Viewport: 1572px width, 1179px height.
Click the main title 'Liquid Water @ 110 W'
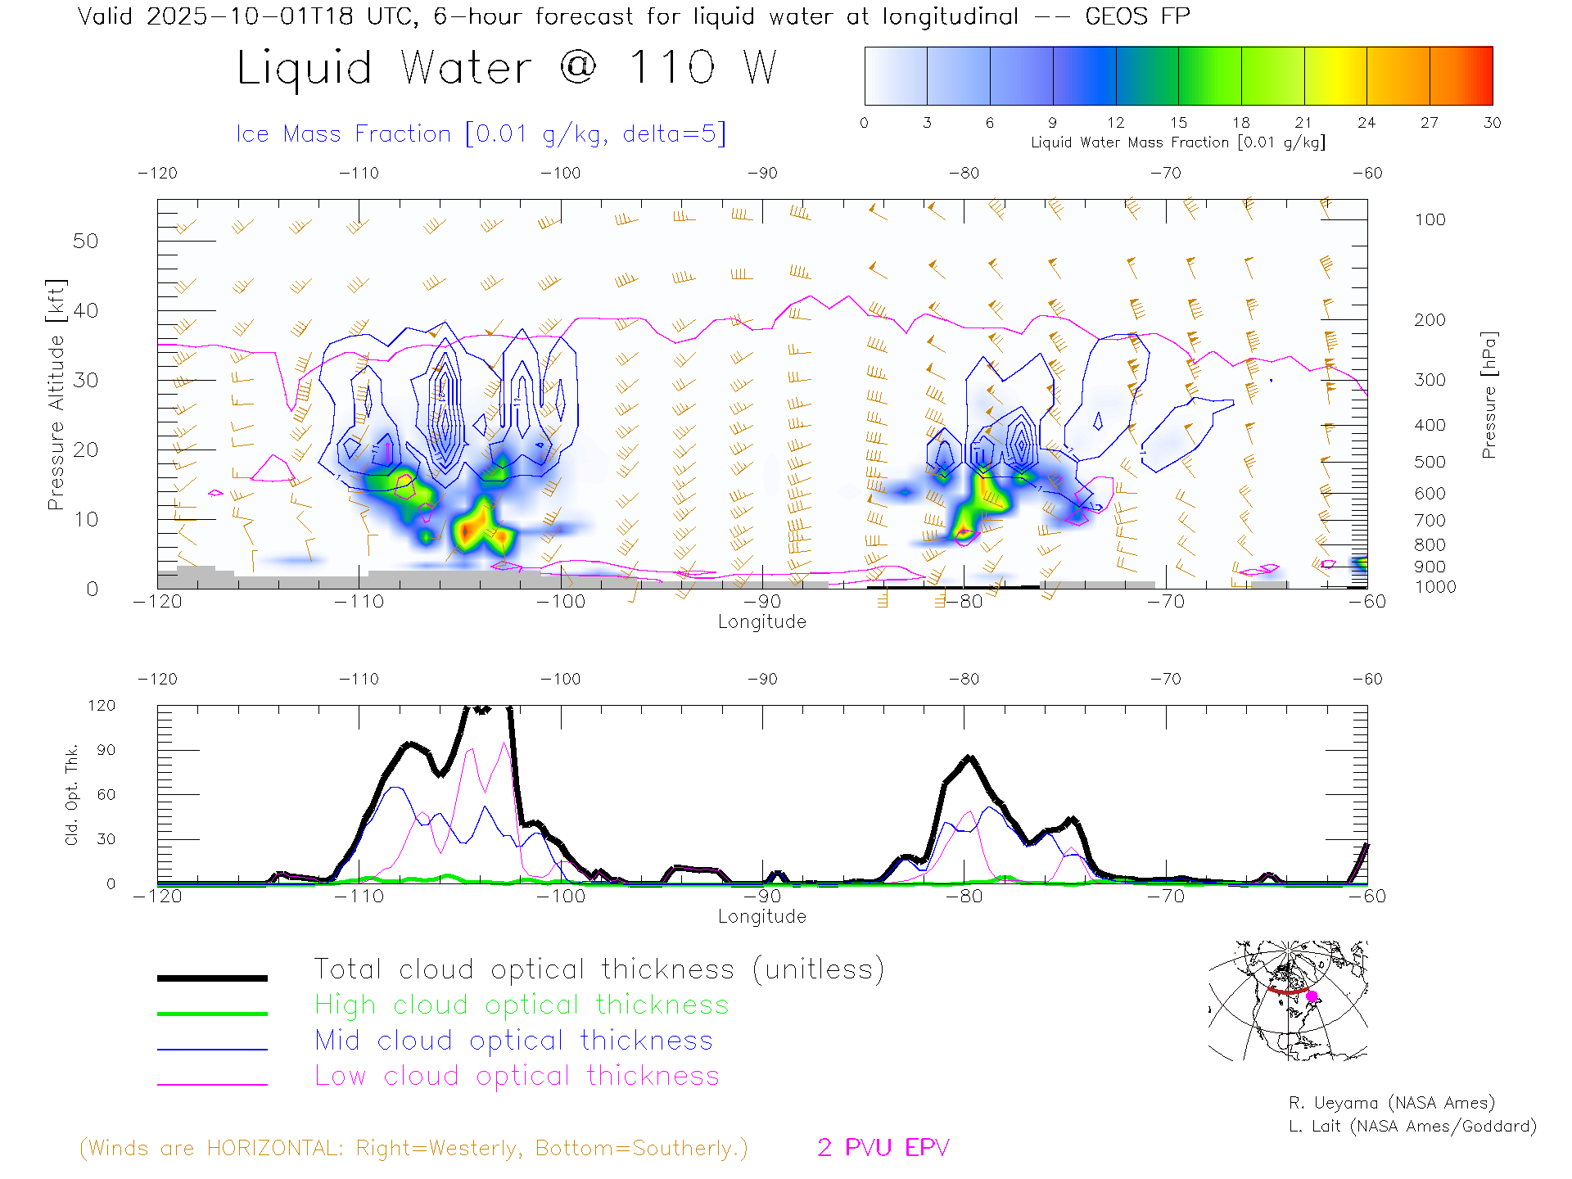506,67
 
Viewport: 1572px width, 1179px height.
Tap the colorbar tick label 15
1178,123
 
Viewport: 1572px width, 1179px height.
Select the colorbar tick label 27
1430,123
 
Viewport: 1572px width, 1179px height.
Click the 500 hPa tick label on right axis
1430,462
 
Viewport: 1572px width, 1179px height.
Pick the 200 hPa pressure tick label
1430,320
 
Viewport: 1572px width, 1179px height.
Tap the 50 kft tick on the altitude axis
85,241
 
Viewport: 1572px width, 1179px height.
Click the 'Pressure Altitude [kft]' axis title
56,395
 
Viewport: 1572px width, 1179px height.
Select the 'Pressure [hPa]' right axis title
1489,395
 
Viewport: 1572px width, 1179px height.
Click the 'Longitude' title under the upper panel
761,622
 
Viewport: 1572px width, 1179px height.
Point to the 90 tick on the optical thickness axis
106,750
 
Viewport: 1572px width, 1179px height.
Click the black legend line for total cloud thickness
212,978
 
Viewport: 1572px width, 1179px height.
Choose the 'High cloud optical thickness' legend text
522,1005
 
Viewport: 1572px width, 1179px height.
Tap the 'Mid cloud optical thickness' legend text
513,1041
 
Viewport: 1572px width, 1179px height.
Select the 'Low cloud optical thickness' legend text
517,1076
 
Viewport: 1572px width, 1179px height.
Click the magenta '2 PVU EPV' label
883,1148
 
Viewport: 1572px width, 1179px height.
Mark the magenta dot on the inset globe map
1312,996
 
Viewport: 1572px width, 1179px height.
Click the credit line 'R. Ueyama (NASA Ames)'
1392,1103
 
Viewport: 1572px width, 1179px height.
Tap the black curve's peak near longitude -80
970,757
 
